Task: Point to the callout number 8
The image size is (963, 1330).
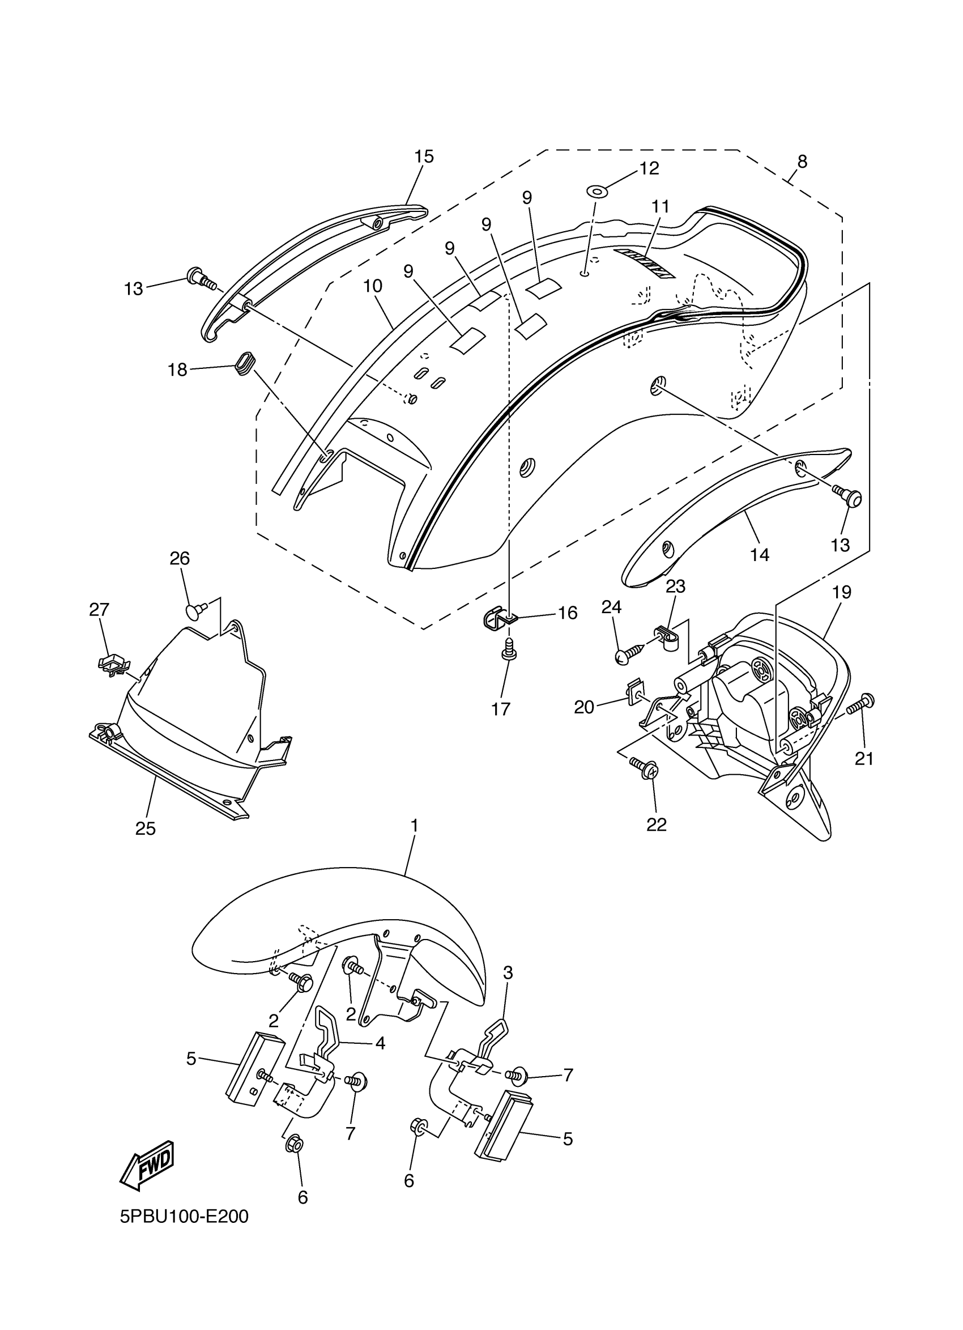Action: [802, 162]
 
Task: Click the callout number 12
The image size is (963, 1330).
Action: [649, 169]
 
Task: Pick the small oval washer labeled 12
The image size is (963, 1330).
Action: [596, 190]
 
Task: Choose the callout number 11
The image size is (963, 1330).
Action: [660, 206]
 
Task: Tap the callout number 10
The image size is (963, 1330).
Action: [373, 286]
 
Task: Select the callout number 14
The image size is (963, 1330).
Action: [760, 554]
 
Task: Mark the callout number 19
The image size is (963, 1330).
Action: [841, 592]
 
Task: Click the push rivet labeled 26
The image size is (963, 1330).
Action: [197, 611]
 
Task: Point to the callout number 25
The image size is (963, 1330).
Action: [146, 828]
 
